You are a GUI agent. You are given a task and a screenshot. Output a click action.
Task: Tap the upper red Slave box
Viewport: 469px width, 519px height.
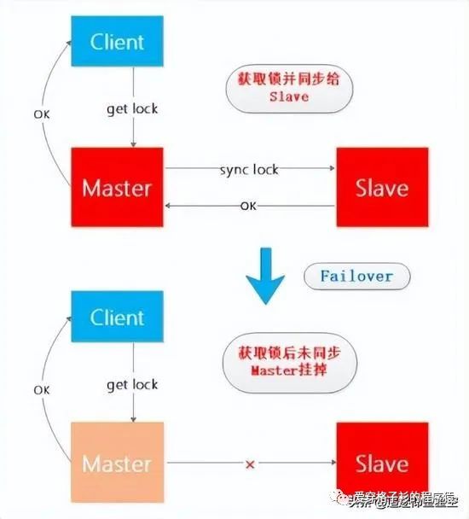tap(381, 187)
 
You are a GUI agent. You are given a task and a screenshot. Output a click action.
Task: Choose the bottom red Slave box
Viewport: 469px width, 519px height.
tap(381, 464)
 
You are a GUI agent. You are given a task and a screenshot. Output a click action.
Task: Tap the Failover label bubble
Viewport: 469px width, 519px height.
tap(356, 277)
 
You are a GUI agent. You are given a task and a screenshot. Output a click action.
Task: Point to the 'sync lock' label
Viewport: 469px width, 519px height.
tap(249, 169)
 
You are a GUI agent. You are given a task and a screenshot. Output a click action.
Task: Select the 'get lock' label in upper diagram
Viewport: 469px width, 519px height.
tap(132, 108)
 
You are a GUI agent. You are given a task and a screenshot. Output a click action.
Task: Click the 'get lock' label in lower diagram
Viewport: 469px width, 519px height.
tap(132, 385)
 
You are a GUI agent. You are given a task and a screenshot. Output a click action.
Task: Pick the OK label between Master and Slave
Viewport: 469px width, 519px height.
tap(248, 206)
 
